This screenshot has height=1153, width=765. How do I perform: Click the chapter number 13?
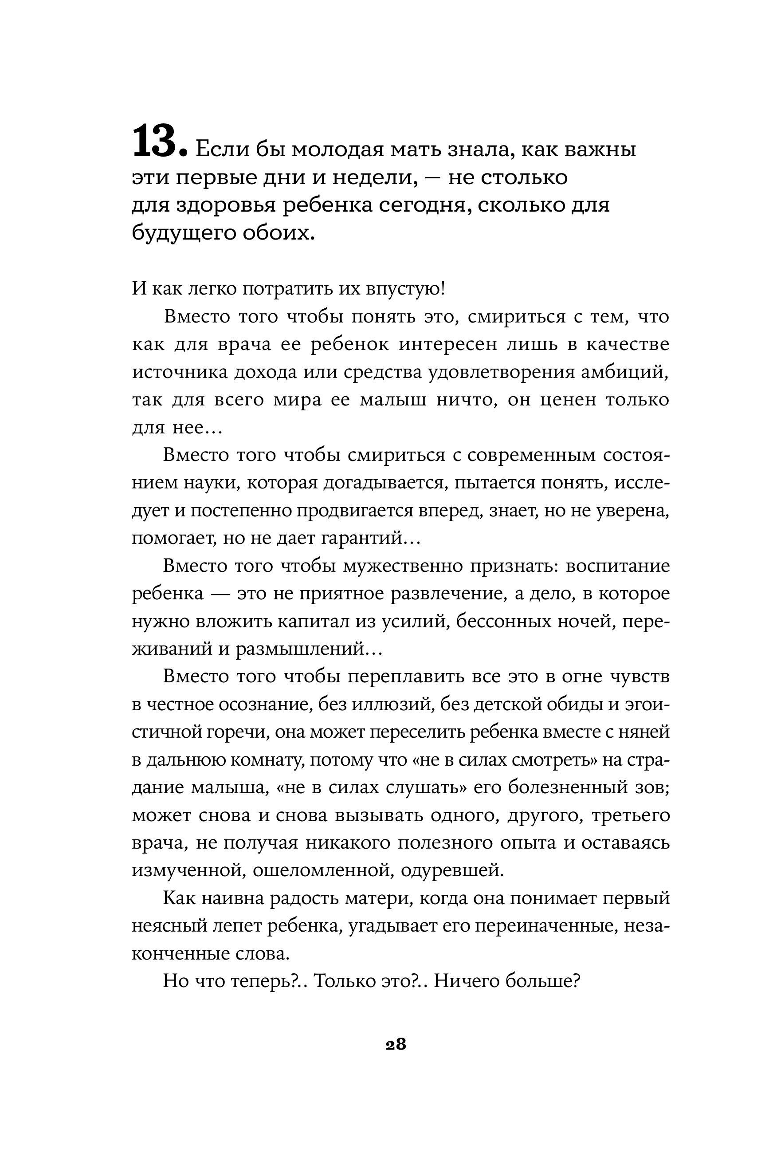155,142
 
